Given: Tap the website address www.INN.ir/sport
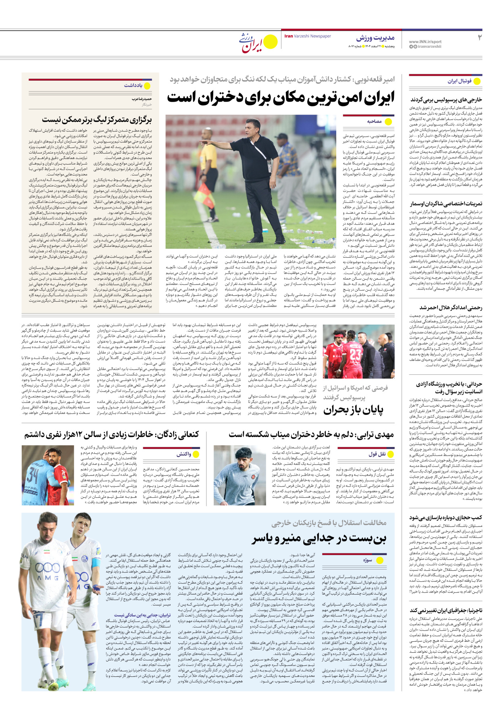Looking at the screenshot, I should (425, 42).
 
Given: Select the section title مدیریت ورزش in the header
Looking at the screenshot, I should (375, 38).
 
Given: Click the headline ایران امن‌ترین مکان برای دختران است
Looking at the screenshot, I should (281, 98).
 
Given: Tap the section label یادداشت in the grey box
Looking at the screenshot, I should (133, 86).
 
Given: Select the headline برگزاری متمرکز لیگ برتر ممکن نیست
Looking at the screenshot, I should (97, 120).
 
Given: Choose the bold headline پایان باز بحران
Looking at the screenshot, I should (353, 410).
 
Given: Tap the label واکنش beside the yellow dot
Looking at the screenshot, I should (184, 454).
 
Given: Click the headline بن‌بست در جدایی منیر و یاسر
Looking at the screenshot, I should (319, 538).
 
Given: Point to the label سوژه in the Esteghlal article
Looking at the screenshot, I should (367, 560).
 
